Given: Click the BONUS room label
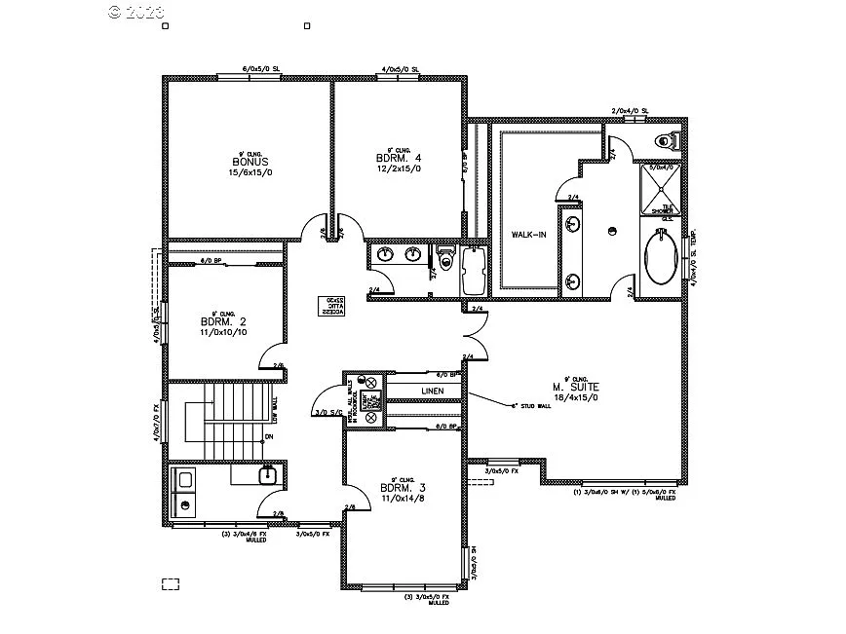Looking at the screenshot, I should pyautogui.click(x=250, y=162).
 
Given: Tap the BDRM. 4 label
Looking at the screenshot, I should pyautogui.click(x=398, y=157).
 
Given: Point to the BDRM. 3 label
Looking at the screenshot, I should pyautogui.click(x=400, y=488).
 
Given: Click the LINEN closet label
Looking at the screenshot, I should pyautogui.click(x=433, y=392).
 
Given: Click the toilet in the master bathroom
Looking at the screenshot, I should pyautogui.click(x=668, y=139).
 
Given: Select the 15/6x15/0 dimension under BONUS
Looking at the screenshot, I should pyautogui.click(x=250, y=172).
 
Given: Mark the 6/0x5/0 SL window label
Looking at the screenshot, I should pyautogui.click(x=261, y=70).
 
